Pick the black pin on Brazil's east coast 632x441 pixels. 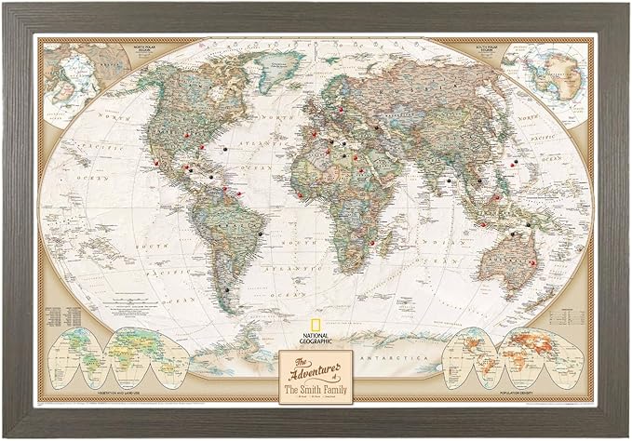(264, 233)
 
